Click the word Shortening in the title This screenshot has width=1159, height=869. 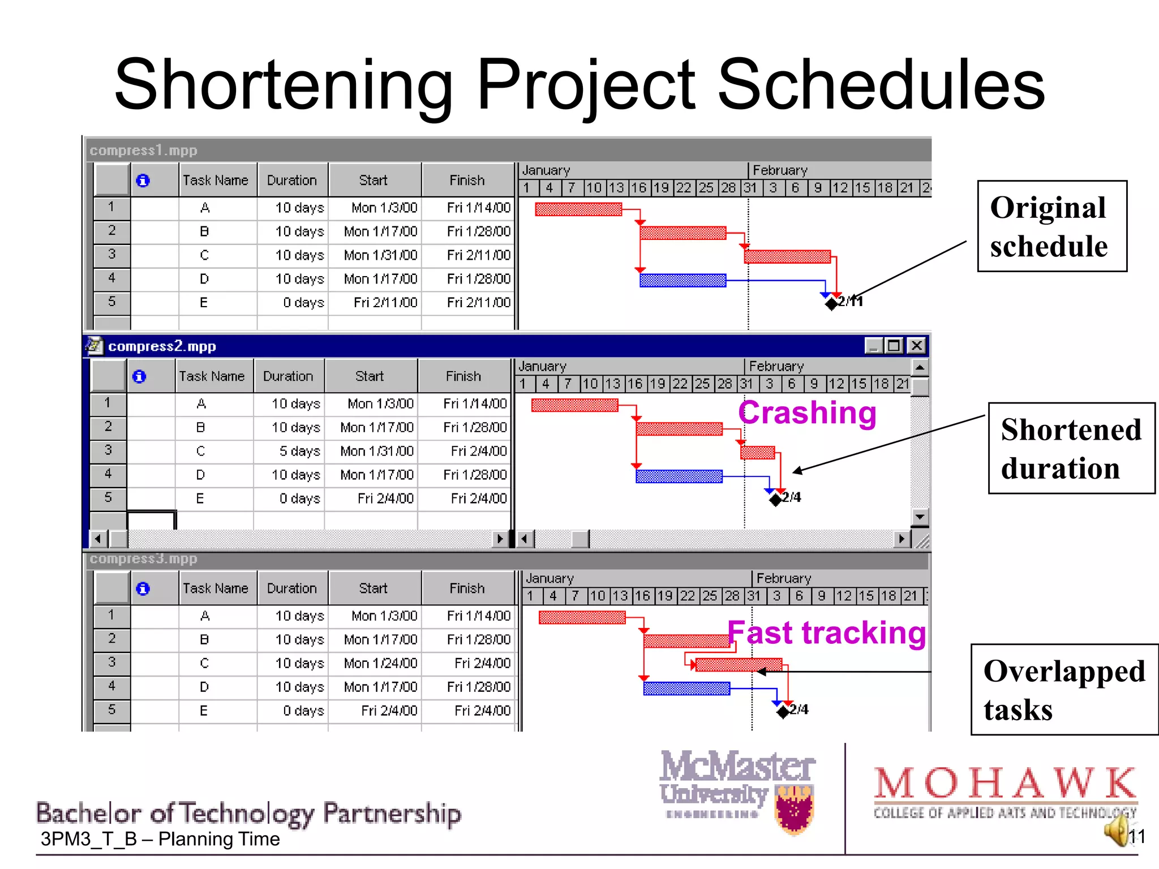283,85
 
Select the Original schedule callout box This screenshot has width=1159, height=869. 1051,226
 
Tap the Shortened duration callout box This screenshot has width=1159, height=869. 1071,448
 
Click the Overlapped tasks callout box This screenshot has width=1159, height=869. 1064,690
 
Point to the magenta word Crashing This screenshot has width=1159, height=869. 807,412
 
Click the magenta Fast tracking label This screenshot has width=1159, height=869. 826,633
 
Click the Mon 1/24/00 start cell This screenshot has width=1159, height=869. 380,663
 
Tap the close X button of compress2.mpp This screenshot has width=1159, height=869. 916,346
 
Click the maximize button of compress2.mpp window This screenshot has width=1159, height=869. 894,346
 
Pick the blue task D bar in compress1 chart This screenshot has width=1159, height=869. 682,281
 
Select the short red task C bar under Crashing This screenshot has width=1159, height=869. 757,453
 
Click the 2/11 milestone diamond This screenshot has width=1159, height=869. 831,304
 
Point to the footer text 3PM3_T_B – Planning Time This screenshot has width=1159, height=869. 160,839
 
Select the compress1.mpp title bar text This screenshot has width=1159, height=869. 143,150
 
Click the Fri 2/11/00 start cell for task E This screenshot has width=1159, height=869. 385,303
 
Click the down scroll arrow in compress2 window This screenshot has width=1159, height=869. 920,517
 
